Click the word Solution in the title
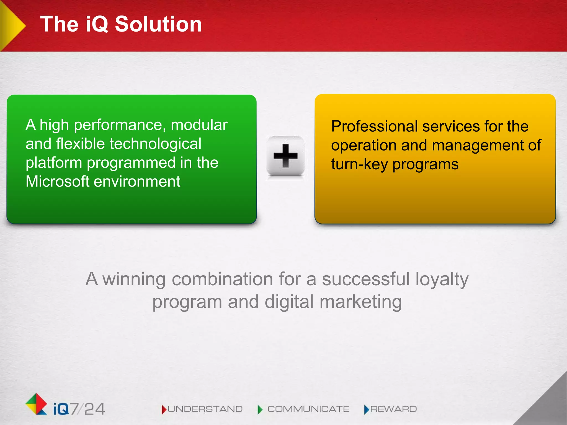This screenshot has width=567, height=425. (158, 24)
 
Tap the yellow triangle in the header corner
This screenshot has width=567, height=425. (11, 25)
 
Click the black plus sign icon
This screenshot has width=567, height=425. (285, 156)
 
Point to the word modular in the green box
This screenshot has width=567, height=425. (199, 125)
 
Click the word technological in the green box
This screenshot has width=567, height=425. (156, 144)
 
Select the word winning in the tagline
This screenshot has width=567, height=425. (134, 279)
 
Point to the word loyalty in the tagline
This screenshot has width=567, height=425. (442, 279)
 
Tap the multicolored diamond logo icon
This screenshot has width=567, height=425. (36, 404)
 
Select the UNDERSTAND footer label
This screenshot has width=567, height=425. (205, 409)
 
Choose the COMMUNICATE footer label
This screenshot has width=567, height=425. (308, 409)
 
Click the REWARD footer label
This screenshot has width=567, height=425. (393, 409)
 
